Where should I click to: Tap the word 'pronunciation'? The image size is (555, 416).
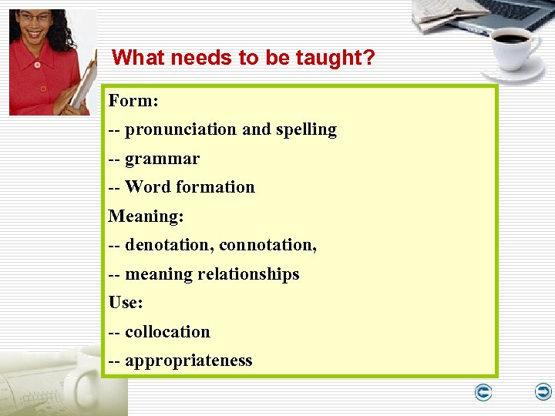180,129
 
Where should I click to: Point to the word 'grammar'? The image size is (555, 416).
162,159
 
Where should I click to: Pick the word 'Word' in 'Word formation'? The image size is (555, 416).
148,187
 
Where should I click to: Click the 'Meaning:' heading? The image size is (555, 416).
146,216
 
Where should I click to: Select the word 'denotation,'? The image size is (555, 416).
170,245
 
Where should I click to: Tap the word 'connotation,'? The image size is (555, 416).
267,245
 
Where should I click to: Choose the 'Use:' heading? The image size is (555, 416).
126,303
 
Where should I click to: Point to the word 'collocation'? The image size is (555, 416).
167,332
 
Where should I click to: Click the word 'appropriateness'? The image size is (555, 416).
188,361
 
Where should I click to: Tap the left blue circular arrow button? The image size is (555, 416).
483,393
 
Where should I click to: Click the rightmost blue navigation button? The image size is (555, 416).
543,393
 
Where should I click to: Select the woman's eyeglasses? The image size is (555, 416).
35,18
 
